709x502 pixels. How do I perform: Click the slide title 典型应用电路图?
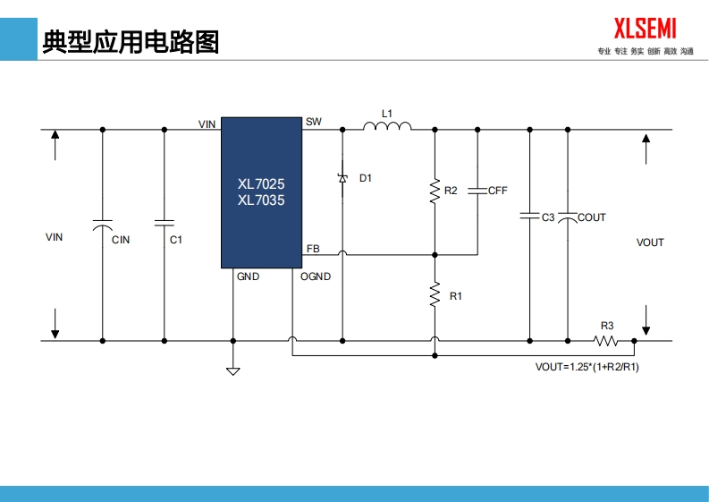(131, 41)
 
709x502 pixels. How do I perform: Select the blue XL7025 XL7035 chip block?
(261, 192)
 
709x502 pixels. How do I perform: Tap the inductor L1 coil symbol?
(387, 127)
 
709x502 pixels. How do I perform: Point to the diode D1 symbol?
(342, 178)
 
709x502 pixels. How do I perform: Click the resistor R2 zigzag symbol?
(435, 191)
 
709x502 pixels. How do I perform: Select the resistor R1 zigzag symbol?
(435, 294)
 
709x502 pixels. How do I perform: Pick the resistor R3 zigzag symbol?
(607, 340)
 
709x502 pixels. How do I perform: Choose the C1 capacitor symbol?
(164, 220)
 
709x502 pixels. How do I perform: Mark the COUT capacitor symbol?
(567, 217)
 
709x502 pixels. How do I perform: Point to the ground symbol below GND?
(233, 370)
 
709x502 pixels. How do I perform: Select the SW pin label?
(313, 122)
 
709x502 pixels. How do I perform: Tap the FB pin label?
(313, 249)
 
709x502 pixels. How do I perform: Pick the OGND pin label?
(316, 277)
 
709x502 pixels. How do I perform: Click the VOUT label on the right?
(650, 242)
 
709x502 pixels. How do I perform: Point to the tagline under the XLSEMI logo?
(645, 52)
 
